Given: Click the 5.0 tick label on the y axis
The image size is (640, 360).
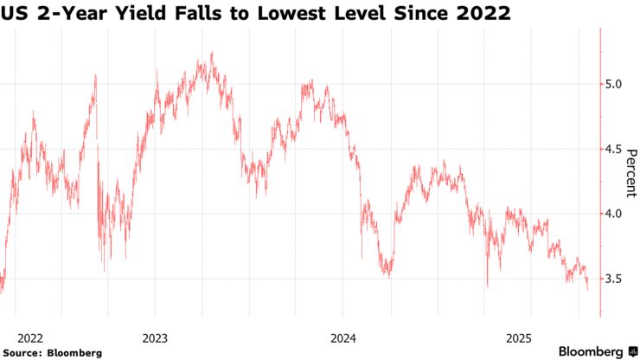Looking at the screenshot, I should pyautogui.click(x=613, y=84).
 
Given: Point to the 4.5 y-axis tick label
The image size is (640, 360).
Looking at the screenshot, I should pyautogui.click(x=613, y=149).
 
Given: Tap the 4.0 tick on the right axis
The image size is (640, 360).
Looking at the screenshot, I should pyautogui.click(x=613, y=214).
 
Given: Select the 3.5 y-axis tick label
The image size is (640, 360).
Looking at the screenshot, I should pyautogui.click(x=613, y=279).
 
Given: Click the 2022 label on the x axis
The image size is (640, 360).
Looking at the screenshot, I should pyautogui.click(x=31, y=337).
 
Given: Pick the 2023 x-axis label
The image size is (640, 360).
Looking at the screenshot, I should pyautogui.click(x=155, y=337).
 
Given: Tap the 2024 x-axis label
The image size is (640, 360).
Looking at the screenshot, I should pyautogui.click(x=342, y=337).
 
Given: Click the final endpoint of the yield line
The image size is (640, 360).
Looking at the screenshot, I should pyautogui.click(x=588, y=287).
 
